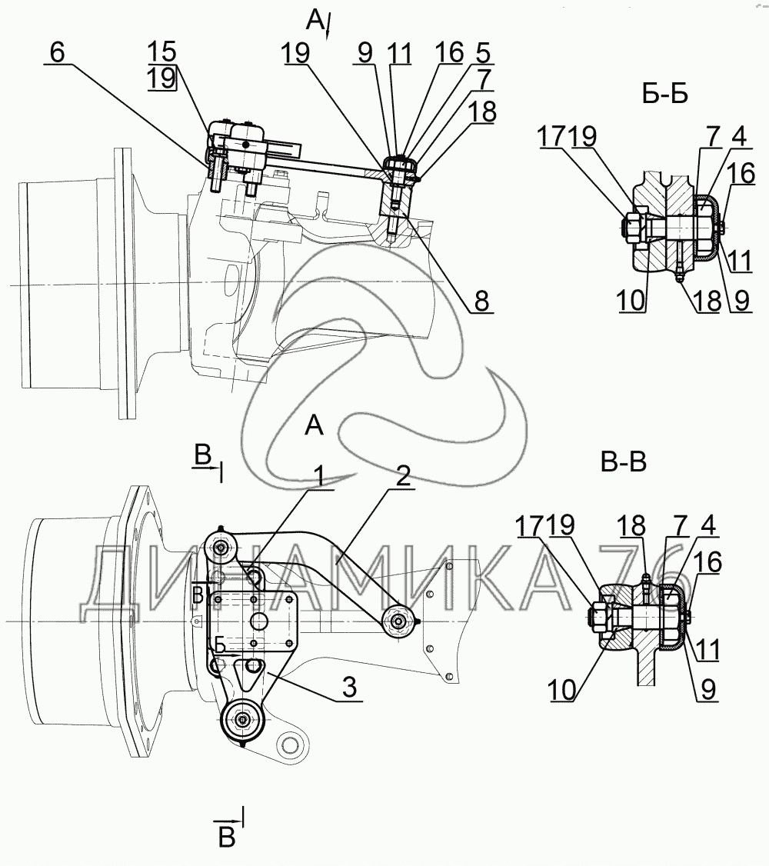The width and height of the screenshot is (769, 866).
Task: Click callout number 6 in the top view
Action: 58,52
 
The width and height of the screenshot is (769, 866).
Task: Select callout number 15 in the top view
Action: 161,52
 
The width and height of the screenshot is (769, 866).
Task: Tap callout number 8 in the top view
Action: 481,301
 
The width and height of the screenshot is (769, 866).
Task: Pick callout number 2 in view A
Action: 404,476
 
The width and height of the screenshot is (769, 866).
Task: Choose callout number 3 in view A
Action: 349,688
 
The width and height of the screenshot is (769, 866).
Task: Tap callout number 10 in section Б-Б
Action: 631,301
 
